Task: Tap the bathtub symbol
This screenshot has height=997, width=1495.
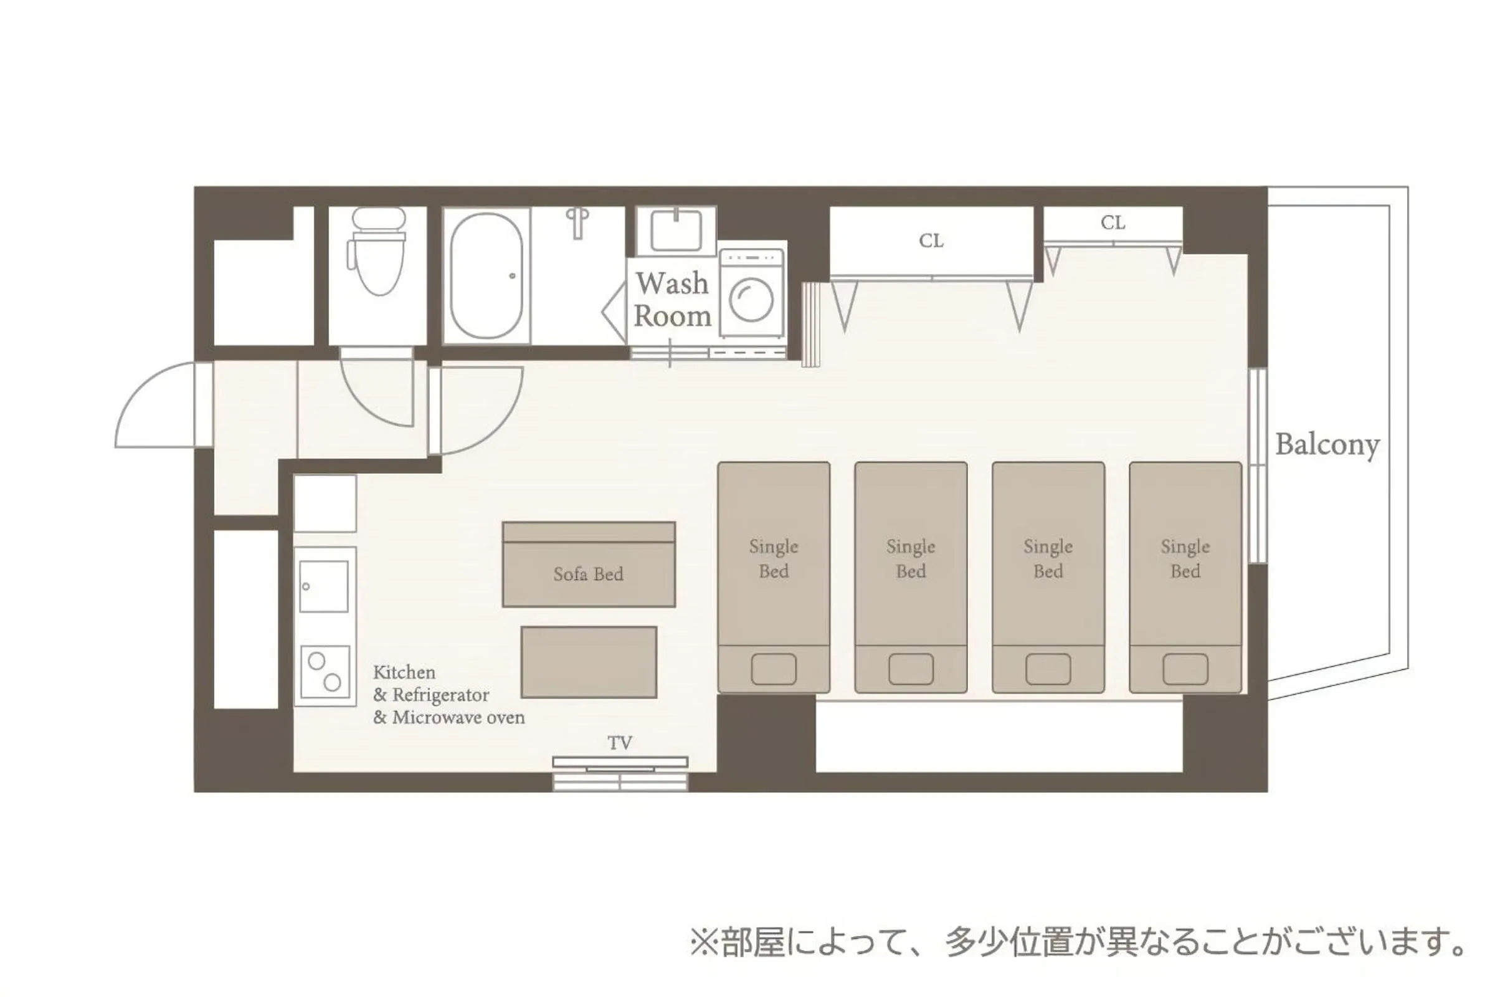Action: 486,276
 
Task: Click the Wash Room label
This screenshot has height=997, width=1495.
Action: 673,300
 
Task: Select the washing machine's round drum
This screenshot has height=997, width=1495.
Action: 751,300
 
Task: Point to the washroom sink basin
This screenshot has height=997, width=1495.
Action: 676,230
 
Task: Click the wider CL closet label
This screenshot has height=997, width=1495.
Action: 931,241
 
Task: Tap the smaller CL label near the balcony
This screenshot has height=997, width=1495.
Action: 1113,223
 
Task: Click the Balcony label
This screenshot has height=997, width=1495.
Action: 1327,444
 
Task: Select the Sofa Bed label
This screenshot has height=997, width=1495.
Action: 588,574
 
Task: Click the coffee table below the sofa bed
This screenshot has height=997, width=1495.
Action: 589,662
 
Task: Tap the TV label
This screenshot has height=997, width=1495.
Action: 620,743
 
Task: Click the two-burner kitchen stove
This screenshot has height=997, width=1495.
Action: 324,672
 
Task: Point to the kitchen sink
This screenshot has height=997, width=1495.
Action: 323,586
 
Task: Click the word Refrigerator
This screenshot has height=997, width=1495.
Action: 440,695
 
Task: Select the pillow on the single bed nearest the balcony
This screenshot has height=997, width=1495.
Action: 1185,669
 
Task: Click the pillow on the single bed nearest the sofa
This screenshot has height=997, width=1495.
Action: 774,669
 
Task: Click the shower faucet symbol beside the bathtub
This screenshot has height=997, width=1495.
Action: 577,222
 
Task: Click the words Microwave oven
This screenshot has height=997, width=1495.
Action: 458,718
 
